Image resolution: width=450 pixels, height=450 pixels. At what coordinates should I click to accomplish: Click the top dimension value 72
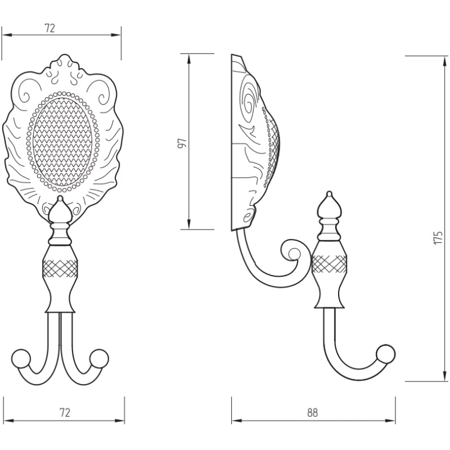click(x=49, y=28)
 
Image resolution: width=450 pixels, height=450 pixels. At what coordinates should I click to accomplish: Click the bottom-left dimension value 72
click(x=65, y=412)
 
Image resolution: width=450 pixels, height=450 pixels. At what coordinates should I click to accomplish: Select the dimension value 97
click(x=182, y=143)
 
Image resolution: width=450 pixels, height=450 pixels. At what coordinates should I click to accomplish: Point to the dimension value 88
click(x=313, y=413)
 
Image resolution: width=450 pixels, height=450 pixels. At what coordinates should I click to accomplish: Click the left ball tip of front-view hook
click(x=21, y=358)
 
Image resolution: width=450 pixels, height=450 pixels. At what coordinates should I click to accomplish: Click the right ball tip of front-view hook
click(x=100, y=358)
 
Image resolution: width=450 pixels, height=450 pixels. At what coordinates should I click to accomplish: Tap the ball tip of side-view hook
click(x=386, y=354)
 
